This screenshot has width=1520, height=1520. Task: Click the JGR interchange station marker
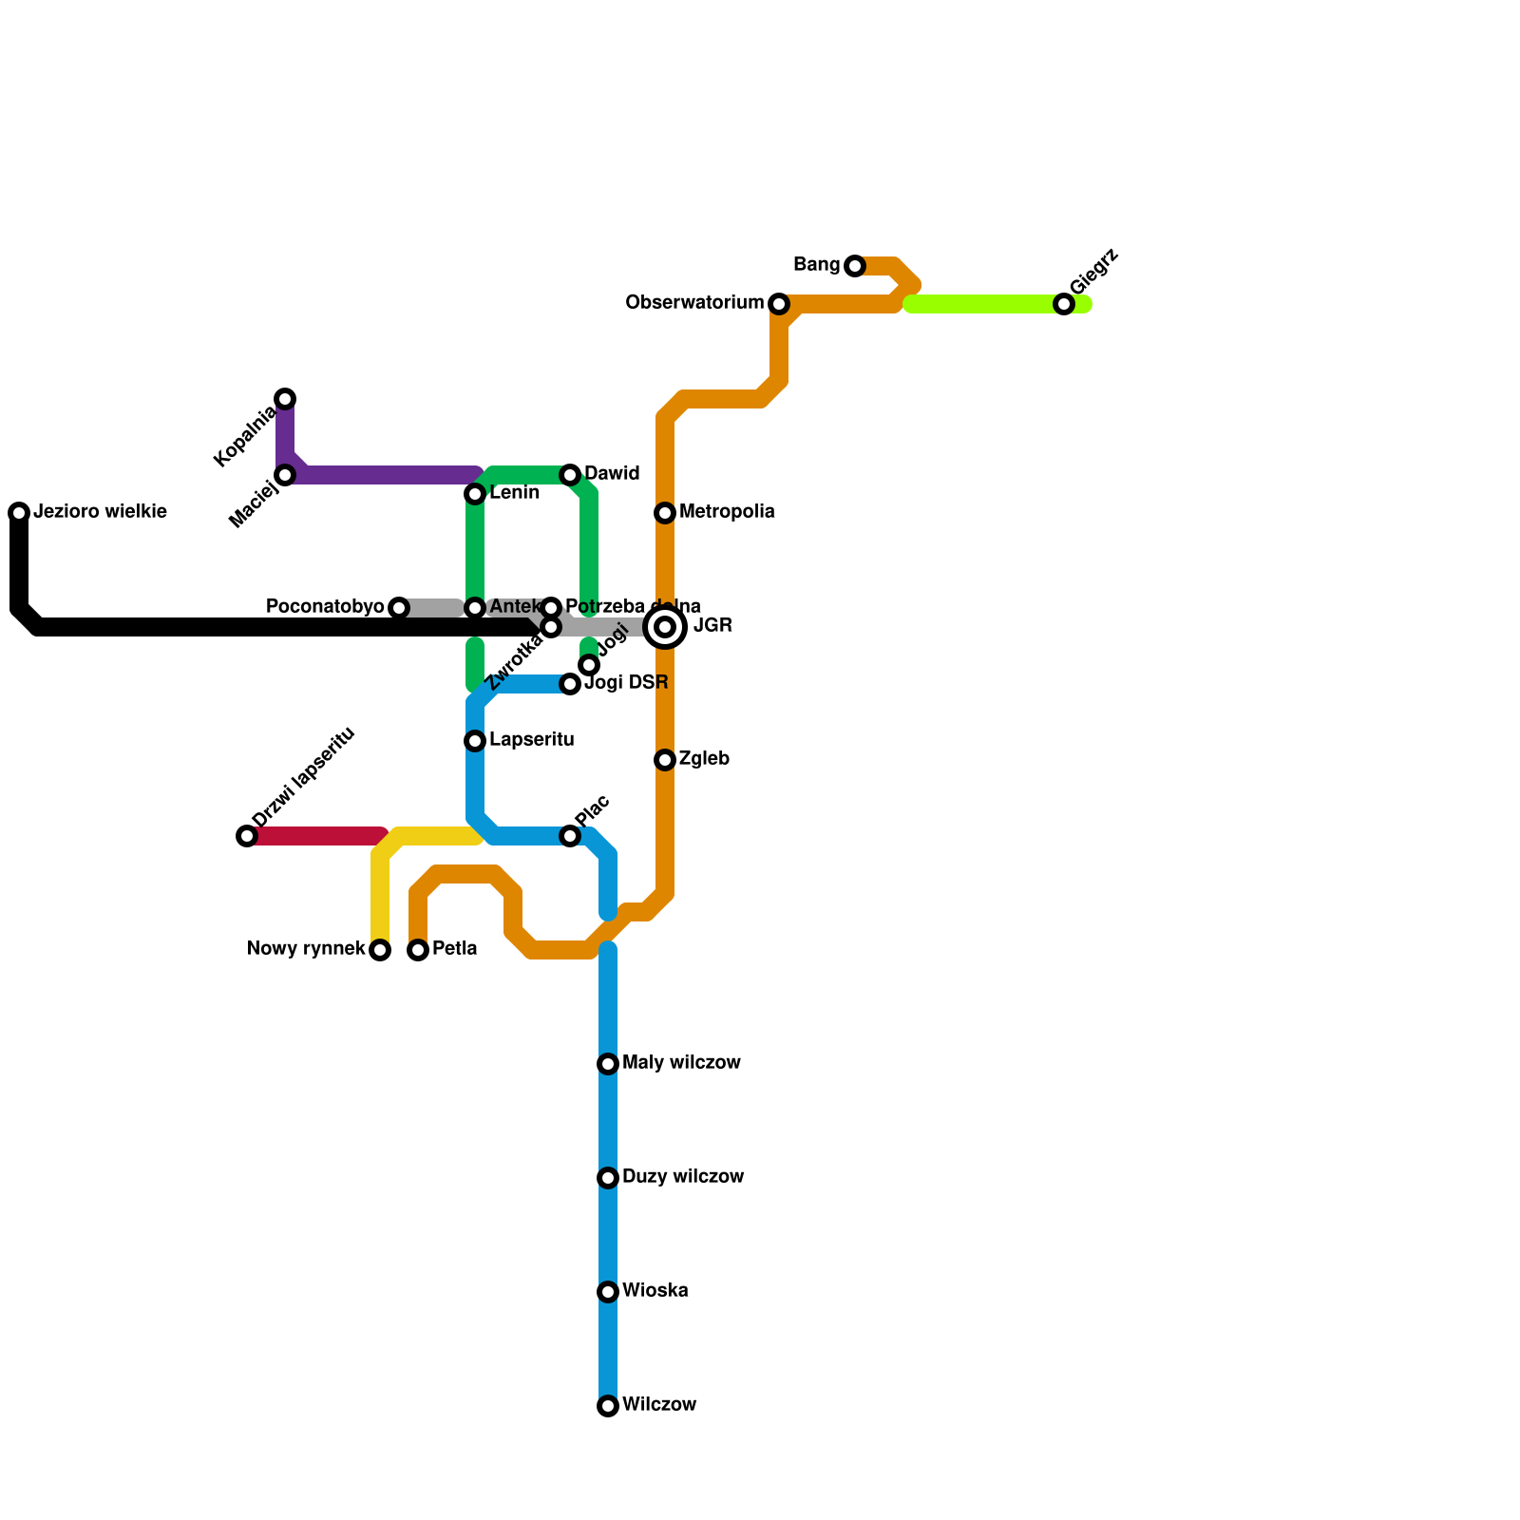[x=665, y=627]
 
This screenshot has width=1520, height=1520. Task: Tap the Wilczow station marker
[x=608, y=1406]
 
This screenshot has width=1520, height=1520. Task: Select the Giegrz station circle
[x=1064, y=304]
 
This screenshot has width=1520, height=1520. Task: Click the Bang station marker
[x=855, y=266]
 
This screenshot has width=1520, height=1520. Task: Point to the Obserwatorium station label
[x=694, y=303]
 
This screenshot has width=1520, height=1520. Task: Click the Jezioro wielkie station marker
[x=19, y=513]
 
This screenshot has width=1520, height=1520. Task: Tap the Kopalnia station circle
[x=285, y=399]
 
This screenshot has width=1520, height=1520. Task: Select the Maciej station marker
[x=285, y=475]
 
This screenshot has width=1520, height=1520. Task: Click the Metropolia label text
[x=727, y=512]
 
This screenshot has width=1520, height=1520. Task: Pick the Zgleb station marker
[x=665, y=760]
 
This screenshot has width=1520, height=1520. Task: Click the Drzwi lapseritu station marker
[x=247, y=836]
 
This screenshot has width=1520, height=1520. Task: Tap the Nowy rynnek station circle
[x=380, y=950]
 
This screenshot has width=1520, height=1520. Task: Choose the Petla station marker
[x=418, y=950]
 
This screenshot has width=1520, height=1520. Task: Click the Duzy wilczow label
[x=682, y=1177]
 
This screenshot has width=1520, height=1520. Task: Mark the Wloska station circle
[x=608, y=1292]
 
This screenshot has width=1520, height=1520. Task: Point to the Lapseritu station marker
[x=475, y=741]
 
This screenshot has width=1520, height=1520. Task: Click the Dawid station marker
[x=570, y=475]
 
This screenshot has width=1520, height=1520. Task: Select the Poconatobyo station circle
[x=399, y=608]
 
